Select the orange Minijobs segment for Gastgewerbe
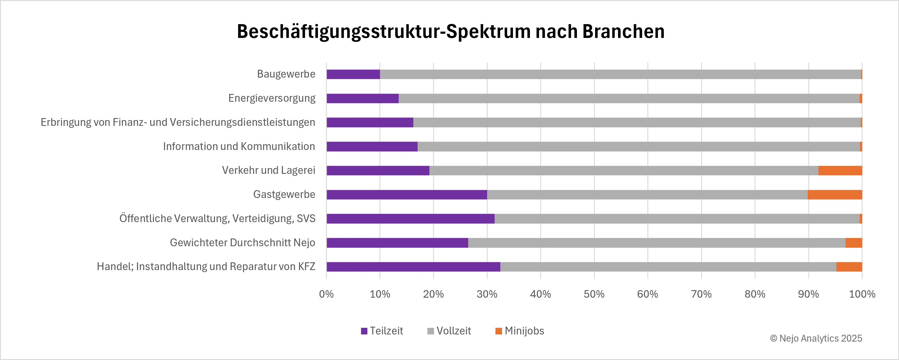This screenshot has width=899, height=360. [x=834, y=195]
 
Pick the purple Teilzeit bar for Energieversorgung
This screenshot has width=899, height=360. [x=362, y=99]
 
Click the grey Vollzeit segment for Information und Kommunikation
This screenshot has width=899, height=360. [x=639, y=147]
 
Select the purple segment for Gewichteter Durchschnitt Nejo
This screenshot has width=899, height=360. [x=397, y=243]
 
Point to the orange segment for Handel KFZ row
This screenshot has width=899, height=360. [x=849, y=267]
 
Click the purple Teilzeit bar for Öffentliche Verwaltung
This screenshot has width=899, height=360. [x=410, y=219]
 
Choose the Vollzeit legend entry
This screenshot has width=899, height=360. [x=449, y=331]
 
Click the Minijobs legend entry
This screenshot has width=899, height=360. [x=520, y=331]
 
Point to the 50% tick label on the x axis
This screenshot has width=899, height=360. [x=594, y=294]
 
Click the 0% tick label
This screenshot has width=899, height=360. [x=326, y=294]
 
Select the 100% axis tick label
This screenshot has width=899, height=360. [x=862, y=294]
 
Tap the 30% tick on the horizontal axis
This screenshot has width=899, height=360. [x=487, y=294]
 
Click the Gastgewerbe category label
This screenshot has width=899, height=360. [x=284, y=194]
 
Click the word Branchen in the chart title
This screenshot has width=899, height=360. [x=623, y=31]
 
